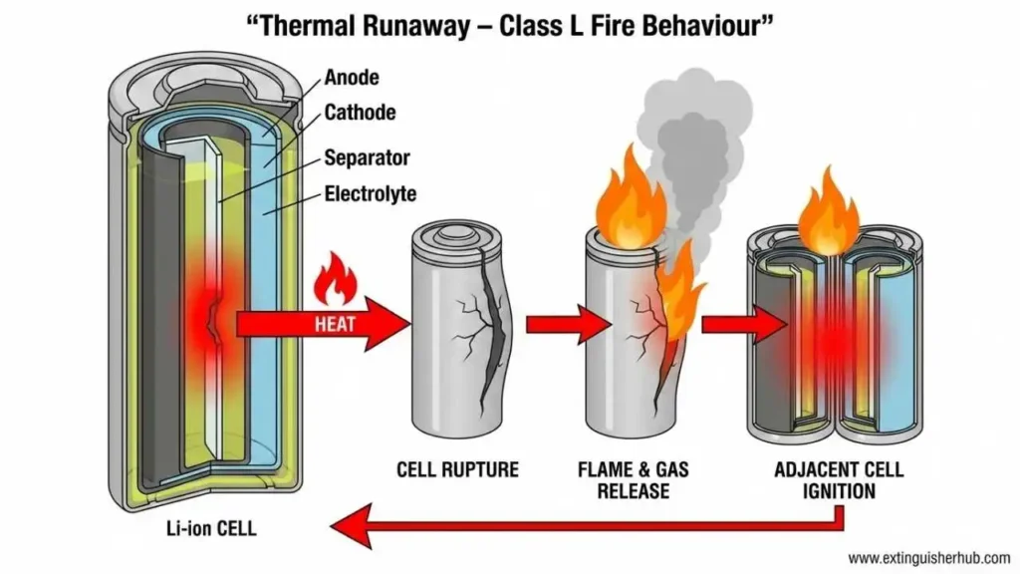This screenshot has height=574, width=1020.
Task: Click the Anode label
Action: click(x=352, y=77)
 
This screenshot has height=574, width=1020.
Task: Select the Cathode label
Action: click(x=360, y=113)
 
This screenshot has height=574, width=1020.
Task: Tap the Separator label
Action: click(x=367, y=157)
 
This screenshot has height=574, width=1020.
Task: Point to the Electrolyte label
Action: click(x=371, y=193)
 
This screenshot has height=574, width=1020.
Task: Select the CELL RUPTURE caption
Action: click(x=457, y=468)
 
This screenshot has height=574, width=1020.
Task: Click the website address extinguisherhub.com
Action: click(x=928, y=557)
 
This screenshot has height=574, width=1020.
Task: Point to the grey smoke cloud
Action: click(x=691, y=130)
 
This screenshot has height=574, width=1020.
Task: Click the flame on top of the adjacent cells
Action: click(x=828, y=215)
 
